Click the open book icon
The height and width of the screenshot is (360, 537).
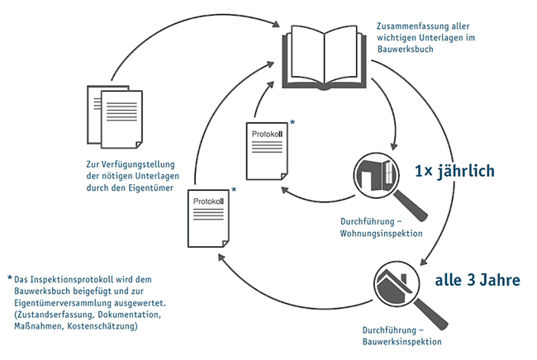pos(327,57)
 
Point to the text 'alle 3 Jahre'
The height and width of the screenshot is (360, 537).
pos(478,279)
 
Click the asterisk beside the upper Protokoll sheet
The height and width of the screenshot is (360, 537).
pos(292,123)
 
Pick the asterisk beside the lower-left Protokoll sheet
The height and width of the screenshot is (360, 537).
pos(235,190)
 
